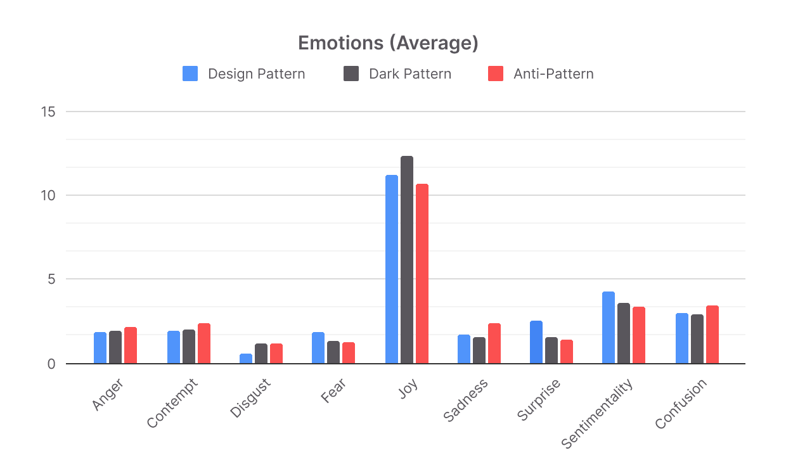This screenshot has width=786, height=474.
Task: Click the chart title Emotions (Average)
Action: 388,43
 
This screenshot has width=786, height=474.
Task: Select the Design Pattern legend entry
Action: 244,74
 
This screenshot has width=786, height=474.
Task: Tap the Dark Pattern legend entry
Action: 397,74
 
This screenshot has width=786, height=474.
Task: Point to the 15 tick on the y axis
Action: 48,112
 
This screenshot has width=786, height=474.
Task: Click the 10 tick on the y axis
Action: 48,195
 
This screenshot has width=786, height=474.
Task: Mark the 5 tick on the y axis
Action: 51,279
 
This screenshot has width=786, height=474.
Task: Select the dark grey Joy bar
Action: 407,260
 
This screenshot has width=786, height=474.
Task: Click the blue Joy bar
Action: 392,269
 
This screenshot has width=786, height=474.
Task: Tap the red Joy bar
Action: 422,274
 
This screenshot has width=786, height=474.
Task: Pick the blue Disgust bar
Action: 246,359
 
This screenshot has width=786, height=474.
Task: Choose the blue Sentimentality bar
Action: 609,328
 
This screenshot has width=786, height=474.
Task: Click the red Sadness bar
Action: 494,343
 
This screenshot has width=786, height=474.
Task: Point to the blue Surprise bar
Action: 536,342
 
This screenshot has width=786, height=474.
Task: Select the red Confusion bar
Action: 712,335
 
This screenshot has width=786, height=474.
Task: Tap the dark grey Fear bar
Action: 333,352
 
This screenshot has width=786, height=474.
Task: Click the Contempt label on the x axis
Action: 172,403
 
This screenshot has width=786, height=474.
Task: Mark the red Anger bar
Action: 131,345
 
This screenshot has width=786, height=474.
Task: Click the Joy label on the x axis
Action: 408,388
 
